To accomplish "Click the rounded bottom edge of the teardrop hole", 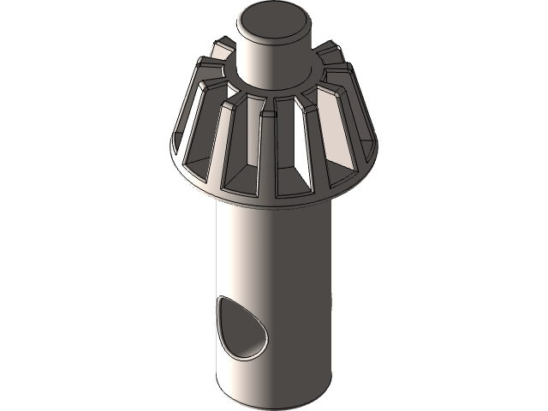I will [248, 352].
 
